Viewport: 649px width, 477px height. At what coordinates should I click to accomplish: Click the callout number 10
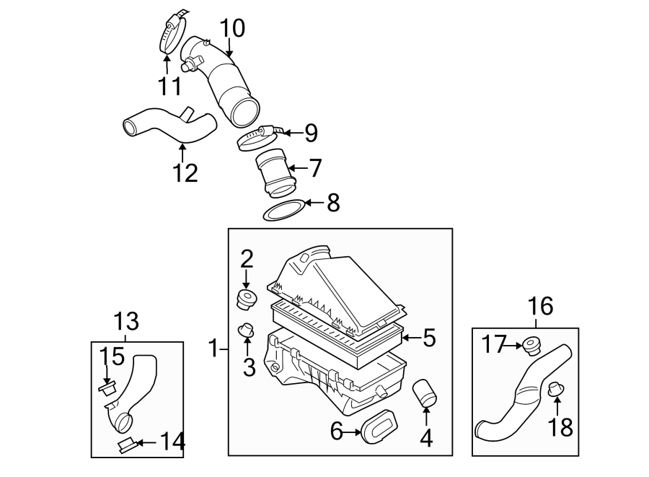tap(232, 28)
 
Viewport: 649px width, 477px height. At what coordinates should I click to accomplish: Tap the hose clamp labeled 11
tap(172, 30)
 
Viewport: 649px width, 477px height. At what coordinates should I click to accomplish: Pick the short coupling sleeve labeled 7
tap(273, 173)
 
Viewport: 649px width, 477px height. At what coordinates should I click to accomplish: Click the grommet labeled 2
tap(247, 299)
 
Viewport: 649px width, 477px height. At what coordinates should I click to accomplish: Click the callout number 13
tap(126, 322)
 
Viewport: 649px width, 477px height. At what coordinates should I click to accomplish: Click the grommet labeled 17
tap(532, 346)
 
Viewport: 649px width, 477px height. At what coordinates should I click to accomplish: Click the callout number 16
tap(540, 306)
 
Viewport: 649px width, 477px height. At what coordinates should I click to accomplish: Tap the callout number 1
tap(213, 349)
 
